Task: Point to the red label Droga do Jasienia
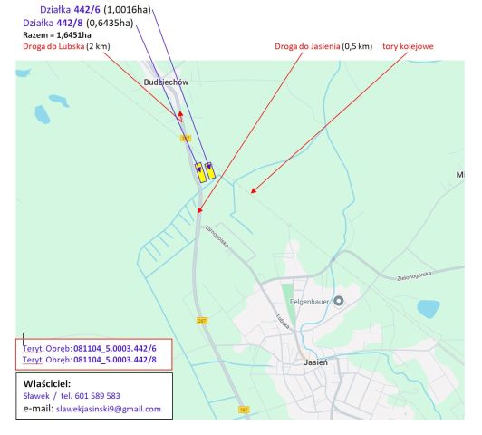308,45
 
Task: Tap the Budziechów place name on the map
165,82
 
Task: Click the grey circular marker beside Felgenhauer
339,301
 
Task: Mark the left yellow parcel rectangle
199,172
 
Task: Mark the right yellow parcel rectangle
210,170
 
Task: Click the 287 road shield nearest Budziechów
185,138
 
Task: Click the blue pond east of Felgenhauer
429,308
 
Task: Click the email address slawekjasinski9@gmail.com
109,409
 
